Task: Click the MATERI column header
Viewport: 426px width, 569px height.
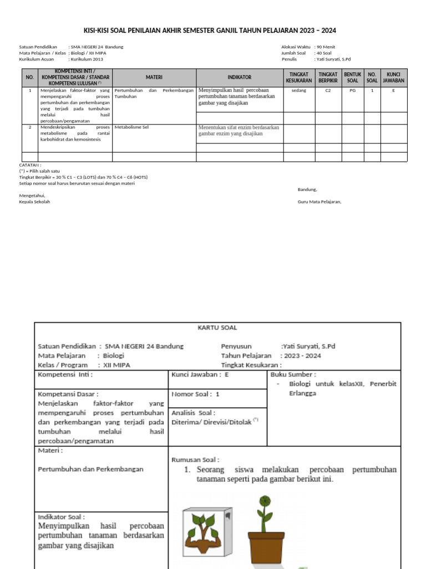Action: click(x=154, y=78)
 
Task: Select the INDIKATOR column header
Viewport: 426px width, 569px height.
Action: click(x=240, y=78)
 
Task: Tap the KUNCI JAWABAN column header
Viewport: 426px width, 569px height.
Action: click(x=393, y=78)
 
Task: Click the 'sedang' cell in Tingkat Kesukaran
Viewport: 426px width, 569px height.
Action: click(x=298, y=89)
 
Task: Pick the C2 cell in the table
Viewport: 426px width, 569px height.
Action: click(x=328, y=89)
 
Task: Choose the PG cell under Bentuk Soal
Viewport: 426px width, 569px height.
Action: click(x=352, y=89)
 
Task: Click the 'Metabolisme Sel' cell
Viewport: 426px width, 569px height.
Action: click(x=130, y=127)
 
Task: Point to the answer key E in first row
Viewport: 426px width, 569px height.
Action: click(x=393, y=89)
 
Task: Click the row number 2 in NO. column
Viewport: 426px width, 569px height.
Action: click(x=29, y=127)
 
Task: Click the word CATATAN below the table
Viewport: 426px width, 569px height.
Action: click(x=31, y=165)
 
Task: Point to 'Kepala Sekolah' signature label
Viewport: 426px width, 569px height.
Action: click(x=34, y=202)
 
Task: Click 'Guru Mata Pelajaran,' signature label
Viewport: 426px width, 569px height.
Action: click(x=319, y=202)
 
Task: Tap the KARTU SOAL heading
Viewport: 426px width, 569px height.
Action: click(x=217, y=328)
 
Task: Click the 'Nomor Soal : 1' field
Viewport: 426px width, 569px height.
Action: click(x=196, y=394)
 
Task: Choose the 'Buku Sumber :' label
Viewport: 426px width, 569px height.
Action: click(x=293, y=375)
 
